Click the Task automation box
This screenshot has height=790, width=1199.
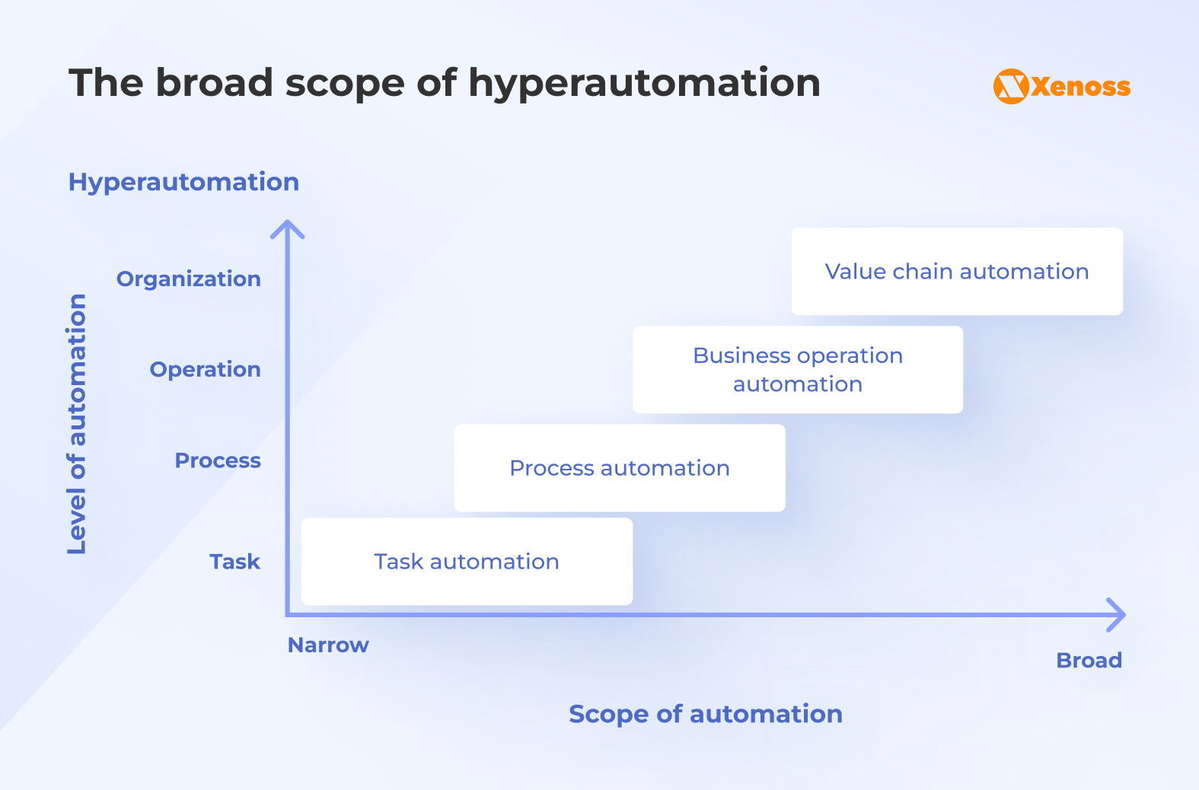coord(467,562)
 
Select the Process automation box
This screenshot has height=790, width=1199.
coord(619,468)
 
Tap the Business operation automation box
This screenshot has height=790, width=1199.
coord(797,370)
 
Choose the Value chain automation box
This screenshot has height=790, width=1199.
coord(956,272)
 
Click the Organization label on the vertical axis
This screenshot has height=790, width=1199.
coord(188,279)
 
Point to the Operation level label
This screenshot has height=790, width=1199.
coord(205,370)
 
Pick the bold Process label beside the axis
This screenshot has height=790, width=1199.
coord(218,460)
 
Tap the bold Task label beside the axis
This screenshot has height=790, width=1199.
coord(234,562)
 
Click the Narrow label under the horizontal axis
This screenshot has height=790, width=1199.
coord(328,645)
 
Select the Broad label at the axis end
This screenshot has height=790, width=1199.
coord(1089,661)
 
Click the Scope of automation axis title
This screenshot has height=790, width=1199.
coord(705,714)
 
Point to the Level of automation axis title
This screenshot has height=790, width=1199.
coord(77,424)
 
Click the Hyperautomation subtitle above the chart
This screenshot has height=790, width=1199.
coord(183,182)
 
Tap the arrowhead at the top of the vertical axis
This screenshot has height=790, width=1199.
coord(288,228)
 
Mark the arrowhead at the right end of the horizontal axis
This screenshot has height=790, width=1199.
coord(1117,615)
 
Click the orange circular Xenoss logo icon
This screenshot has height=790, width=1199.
coord(1011,86)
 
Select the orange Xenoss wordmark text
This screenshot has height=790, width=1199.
coord(1081,87)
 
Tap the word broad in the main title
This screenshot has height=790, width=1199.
coord(214,83)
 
